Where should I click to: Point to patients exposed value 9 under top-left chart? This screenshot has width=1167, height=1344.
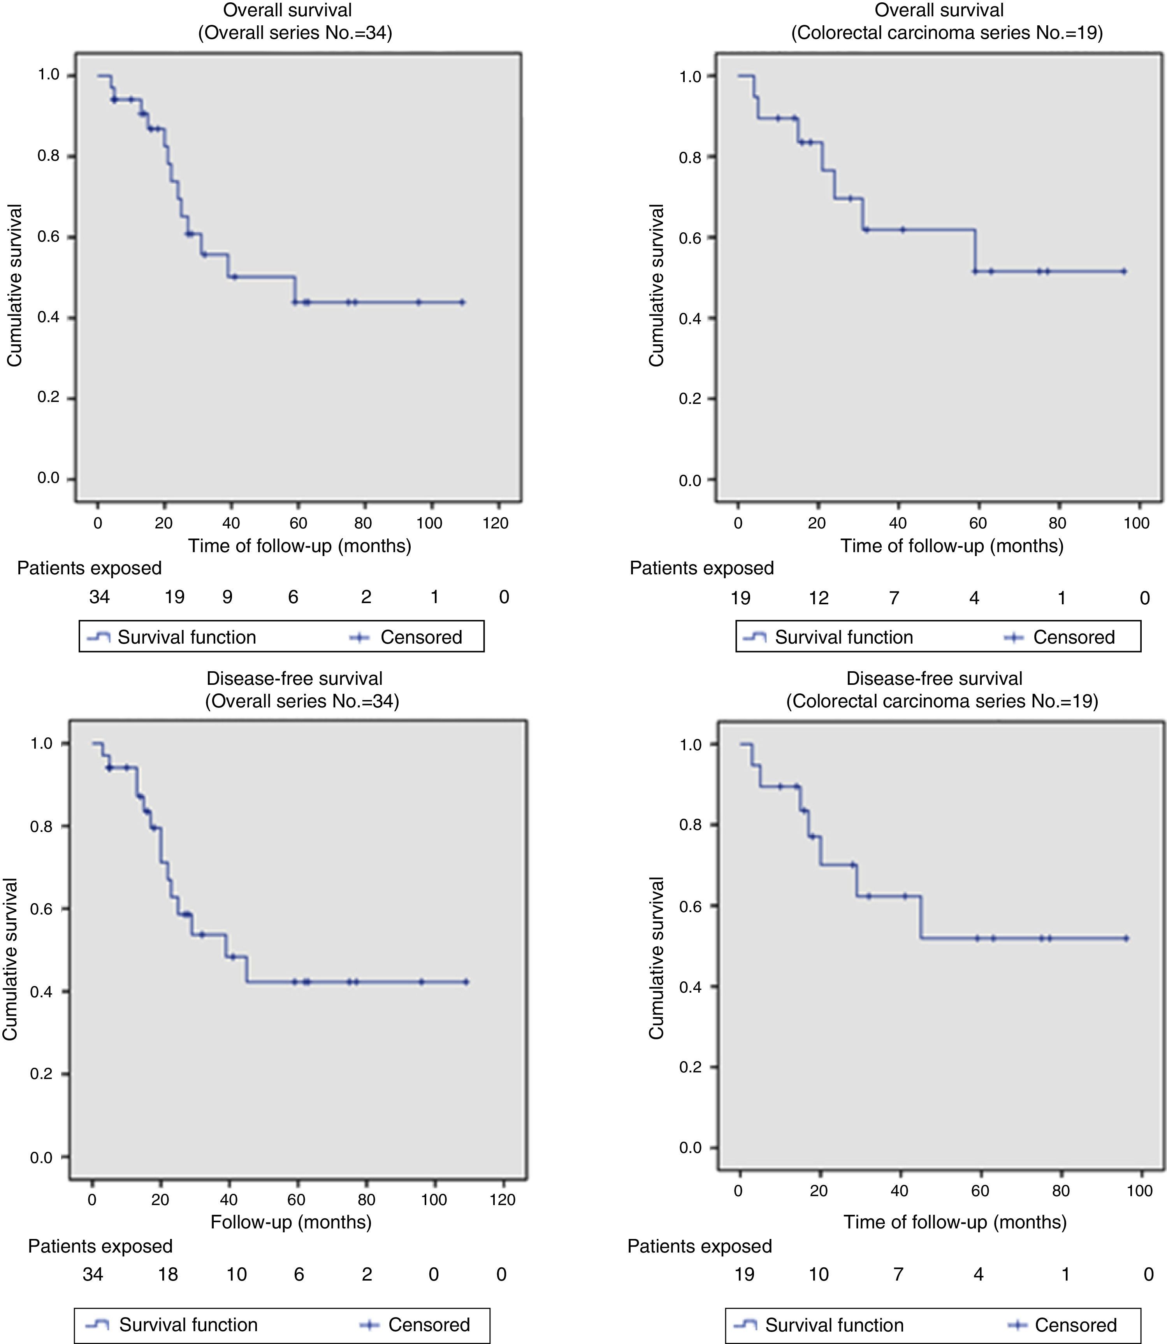coord(227,597)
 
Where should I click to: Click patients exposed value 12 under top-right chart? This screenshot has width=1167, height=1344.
coord(819,597)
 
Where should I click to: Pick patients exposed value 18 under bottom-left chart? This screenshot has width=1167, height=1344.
coord(168,1274)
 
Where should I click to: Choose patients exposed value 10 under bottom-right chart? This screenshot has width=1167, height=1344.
coord(819,1274)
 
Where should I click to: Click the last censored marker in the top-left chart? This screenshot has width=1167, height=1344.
coord(462,302)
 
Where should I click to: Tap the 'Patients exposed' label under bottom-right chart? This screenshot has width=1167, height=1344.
coord(699,1246)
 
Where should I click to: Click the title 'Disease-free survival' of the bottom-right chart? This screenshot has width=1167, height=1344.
coord(934,678)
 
